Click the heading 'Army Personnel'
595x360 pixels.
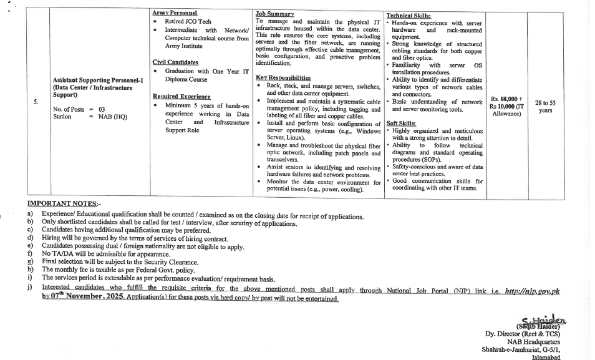coord(174,12)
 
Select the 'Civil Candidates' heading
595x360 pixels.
coord(175,62)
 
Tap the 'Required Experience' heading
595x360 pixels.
coord(181,97)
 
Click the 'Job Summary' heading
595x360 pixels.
coord(274,13)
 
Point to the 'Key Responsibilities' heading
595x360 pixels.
coord(283,77)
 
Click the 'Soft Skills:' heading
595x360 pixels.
coord(401,124)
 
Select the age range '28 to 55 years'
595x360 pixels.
coord(545,107)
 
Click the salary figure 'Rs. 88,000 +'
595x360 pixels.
coord(506,99)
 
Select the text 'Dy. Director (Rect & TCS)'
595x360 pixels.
coord(522,334)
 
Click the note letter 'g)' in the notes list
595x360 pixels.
coord(31,262)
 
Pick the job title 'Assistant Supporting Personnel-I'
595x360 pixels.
coord(99,80)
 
